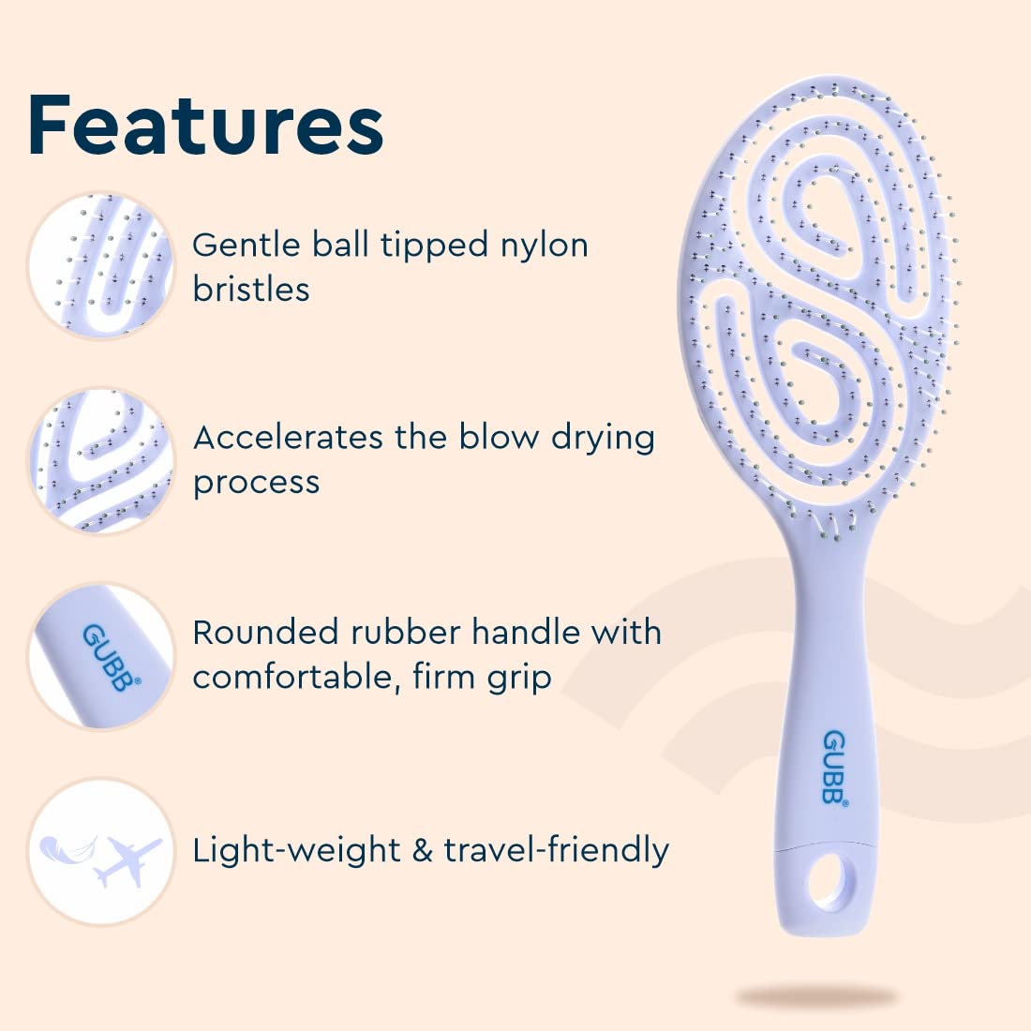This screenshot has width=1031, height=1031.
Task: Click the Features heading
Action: click(205, 125)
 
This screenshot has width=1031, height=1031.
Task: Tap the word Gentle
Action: click(247, 245)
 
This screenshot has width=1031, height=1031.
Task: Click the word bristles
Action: click(250, 290)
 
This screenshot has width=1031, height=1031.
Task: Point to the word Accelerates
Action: click(288, 438)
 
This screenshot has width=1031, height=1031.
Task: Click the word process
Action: click(257, 484)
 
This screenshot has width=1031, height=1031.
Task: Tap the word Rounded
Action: click(265, 632)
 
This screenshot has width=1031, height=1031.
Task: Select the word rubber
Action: click(406, 632)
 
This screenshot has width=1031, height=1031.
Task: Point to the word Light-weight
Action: click(296, 850)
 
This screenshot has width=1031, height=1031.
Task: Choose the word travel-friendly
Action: click(556, 850)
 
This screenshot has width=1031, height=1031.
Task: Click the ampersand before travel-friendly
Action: click(422, 850)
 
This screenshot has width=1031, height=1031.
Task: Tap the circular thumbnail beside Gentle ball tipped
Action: click(101, 266)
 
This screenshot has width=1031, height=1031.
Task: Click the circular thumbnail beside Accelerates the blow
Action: click(101, 460)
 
